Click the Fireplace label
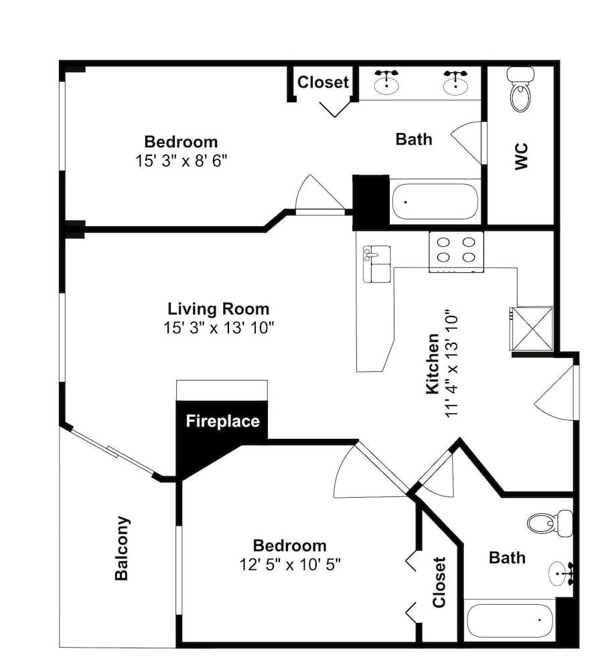tap(222, 421)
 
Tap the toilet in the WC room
tap(521, 89)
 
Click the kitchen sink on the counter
tap(376, 264)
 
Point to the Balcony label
tap(122, 549)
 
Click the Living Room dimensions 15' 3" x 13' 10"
tap(218, 328)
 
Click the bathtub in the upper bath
tap(435, 202)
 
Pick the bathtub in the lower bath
tap(510, 619)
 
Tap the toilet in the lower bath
tap(550, 522)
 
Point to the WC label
tap(522, 156)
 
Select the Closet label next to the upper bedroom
tap(323, 82)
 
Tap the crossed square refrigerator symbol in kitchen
tap(532, 328)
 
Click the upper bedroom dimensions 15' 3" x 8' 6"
tap(181, 161)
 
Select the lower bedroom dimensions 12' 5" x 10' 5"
tap(290, 565)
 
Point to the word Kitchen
tap(433, 363)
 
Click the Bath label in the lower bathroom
tap(507, 558)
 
